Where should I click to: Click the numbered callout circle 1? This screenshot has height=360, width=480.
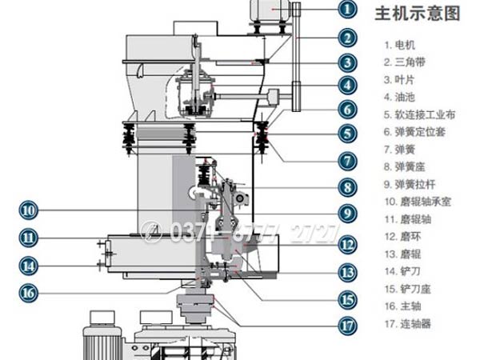pos(346,10)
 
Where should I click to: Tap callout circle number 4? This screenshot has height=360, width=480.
pos(346,84)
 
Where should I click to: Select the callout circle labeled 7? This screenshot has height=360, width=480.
pos(346,160)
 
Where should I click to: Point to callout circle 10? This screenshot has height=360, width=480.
pos(29,210)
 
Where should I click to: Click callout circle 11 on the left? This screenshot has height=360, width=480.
pos(29,238)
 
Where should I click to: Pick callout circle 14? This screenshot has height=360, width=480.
pos(29,265)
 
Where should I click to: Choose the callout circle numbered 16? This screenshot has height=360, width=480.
pos(29,293)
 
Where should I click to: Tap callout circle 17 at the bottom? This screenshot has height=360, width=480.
pos(346,325)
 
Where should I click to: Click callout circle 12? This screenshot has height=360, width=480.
pos(346,245)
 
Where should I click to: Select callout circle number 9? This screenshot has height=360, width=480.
pos(346,214)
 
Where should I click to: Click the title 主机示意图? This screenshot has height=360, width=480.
pos(418,14)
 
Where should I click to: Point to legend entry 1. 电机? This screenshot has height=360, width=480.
pos(400,45)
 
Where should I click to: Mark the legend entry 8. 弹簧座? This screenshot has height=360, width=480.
pos(405,166)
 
